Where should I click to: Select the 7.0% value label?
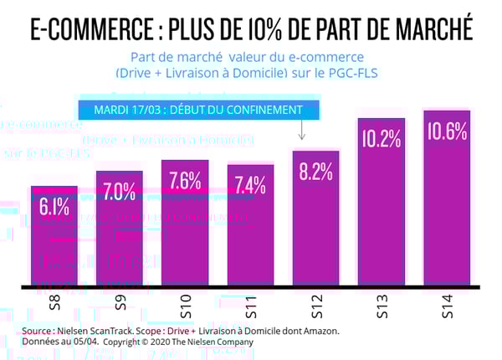click(x=119, y=191)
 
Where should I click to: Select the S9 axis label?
click(x=120, y=304)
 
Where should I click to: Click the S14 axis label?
click(x=446, y=306)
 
